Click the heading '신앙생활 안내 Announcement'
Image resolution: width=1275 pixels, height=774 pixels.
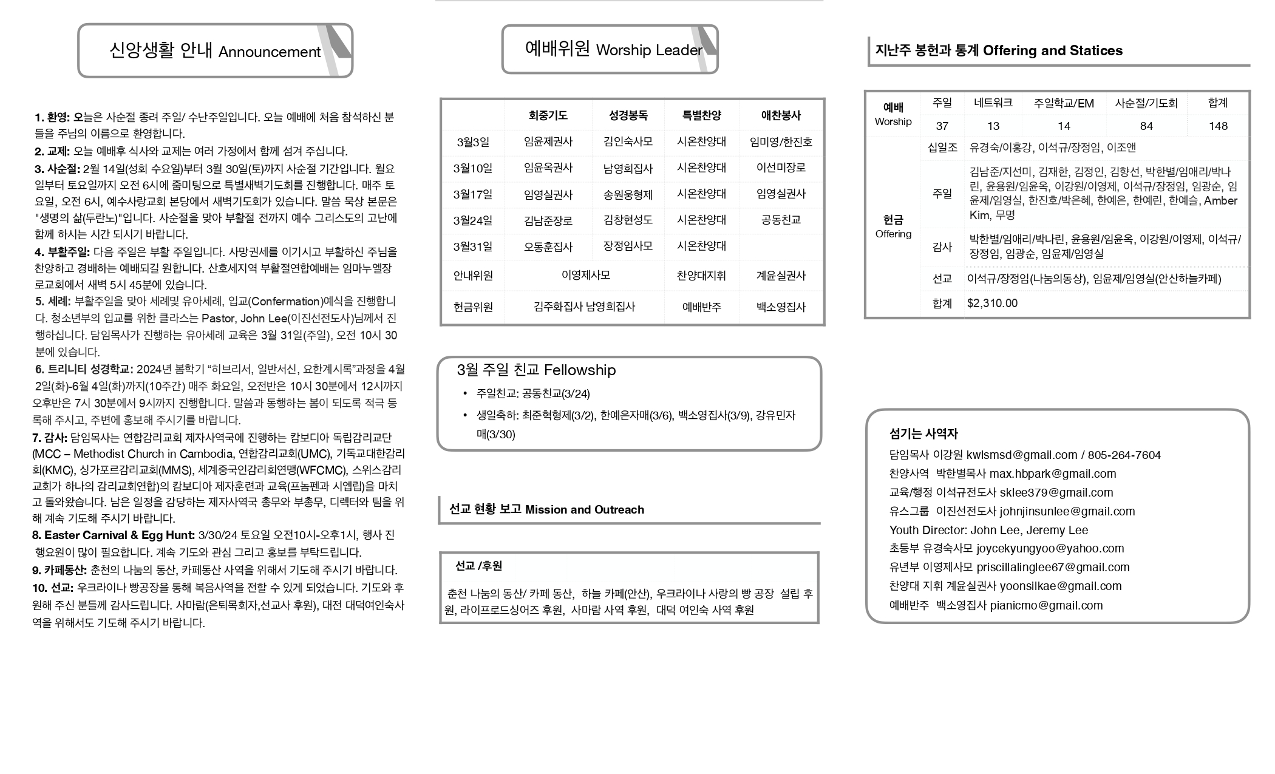[215, 51]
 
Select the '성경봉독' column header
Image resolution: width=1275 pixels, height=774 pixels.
[628, 115]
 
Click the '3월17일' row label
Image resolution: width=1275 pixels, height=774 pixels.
[472, 194]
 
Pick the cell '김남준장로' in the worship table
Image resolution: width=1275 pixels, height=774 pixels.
[548, 220]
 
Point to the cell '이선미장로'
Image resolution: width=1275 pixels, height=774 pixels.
[781, 168]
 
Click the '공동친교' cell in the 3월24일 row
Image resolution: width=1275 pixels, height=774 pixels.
[781, 220]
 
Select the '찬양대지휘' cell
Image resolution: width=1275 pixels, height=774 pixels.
[701, 276]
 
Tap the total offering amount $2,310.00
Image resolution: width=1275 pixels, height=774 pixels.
[992, 303]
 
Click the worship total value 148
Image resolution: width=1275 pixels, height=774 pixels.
[1218, 126]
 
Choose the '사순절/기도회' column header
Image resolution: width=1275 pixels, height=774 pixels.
[1146, 103]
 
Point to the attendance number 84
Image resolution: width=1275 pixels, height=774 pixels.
[1146, 126]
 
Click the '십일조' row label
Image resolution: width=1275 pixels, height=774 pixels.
[942, 148]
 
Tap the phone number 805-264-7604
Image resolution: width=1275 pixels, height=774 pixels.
[1124, 455]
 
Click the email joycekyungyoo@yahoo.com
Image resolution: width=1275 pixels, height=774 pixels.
[1050, 548]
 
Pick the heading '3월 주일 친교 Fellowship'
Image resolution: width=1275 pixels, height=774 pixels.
[536, 370]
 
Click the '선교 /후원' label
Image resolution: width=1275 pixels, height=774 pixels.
[478, 566]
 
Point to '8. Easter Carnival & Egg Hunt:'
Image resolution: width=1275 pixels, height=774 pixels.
[114, 535]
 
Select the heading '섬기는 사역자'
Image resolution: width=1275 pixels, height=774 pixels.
[923, 433]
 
